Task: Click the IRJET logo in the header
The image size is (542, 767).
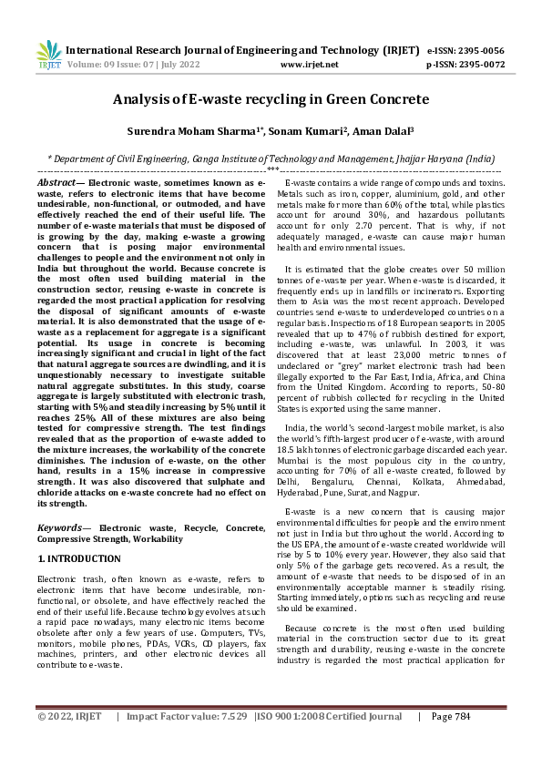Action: pos(47,55)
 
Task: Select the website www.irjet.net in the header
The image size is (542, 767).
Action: pos(310,65)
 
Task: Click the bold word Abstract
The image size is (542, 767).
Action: pos(56,183)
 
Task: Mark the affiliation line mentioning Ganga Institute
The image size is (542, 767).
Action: pos(271,157)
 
